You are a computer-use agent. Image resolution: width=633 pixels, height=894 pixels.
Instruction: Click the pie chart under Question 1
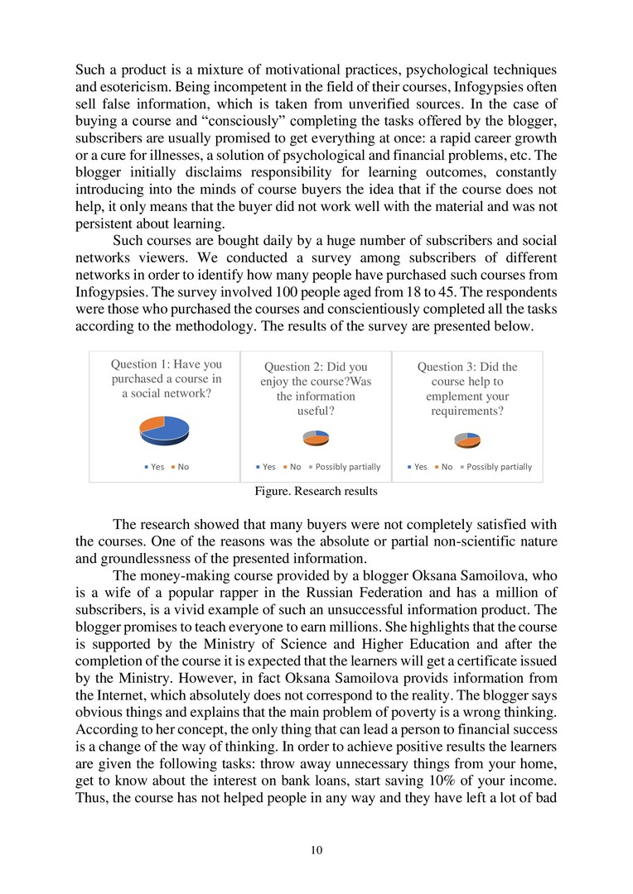tap(165, 428)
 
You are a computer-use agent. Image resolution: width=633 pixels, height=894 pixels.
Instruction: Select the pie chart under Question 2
tap(316, 438)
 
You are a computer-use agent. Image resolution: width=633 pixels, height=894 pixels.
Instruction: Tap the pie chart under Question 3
tap(467, 438)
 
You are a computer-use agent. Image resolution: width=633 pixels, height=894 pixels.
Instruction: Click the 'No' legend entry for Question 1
tap(180, 467)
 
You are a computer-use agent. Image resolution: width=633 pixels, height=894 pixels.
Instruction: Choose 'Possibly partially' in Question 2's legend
tap(345, 467)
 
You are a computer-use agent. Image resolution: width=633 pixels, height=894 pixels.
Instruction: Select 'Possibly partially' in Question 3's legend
tap(496, 467)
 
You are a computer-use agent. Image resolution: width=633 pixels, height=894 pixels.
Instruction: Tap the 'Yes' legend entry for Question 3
tap(417, 467)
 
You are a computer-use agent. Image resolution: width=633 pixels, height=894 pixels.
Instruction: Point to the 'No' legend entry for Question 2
tap(291, 467)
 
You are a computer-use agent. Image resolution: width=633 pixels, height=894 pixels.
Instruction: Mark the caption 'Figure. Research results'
tap(316, 491)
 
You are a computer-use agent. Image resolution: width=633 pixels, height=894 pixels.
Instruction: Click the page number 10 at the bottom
tap(316, 850)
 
